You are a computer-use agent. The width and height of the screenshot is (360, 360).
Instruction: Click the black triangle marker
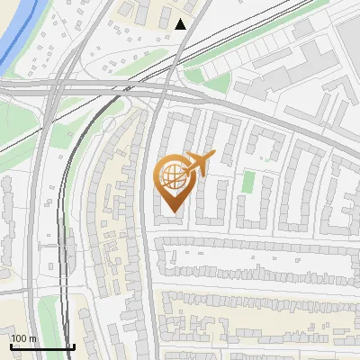182,24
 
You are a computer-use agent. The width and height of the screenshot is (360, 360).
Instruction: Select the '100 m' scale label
23,338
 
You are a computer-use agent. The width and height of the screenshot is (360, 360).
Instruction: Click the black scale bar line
42,346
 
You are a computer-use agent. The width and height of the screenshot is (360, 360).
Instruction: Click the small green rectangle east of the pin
248,183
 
